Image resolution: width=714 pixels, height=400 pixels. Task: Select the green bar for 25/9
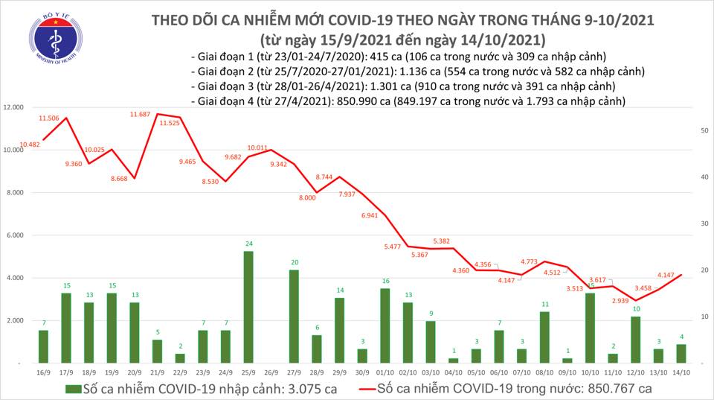coord(248,307)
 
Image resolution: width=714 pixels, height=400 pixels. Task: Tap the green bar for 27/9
coord(293,317)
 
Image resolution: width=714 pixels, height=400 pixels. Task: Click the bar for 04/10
coord(453,360)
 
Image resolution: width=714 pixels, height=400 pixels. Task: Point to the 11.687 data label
coord(140,114)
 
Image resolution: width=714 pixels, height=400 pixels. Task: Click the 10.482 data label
coord(30,145)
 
